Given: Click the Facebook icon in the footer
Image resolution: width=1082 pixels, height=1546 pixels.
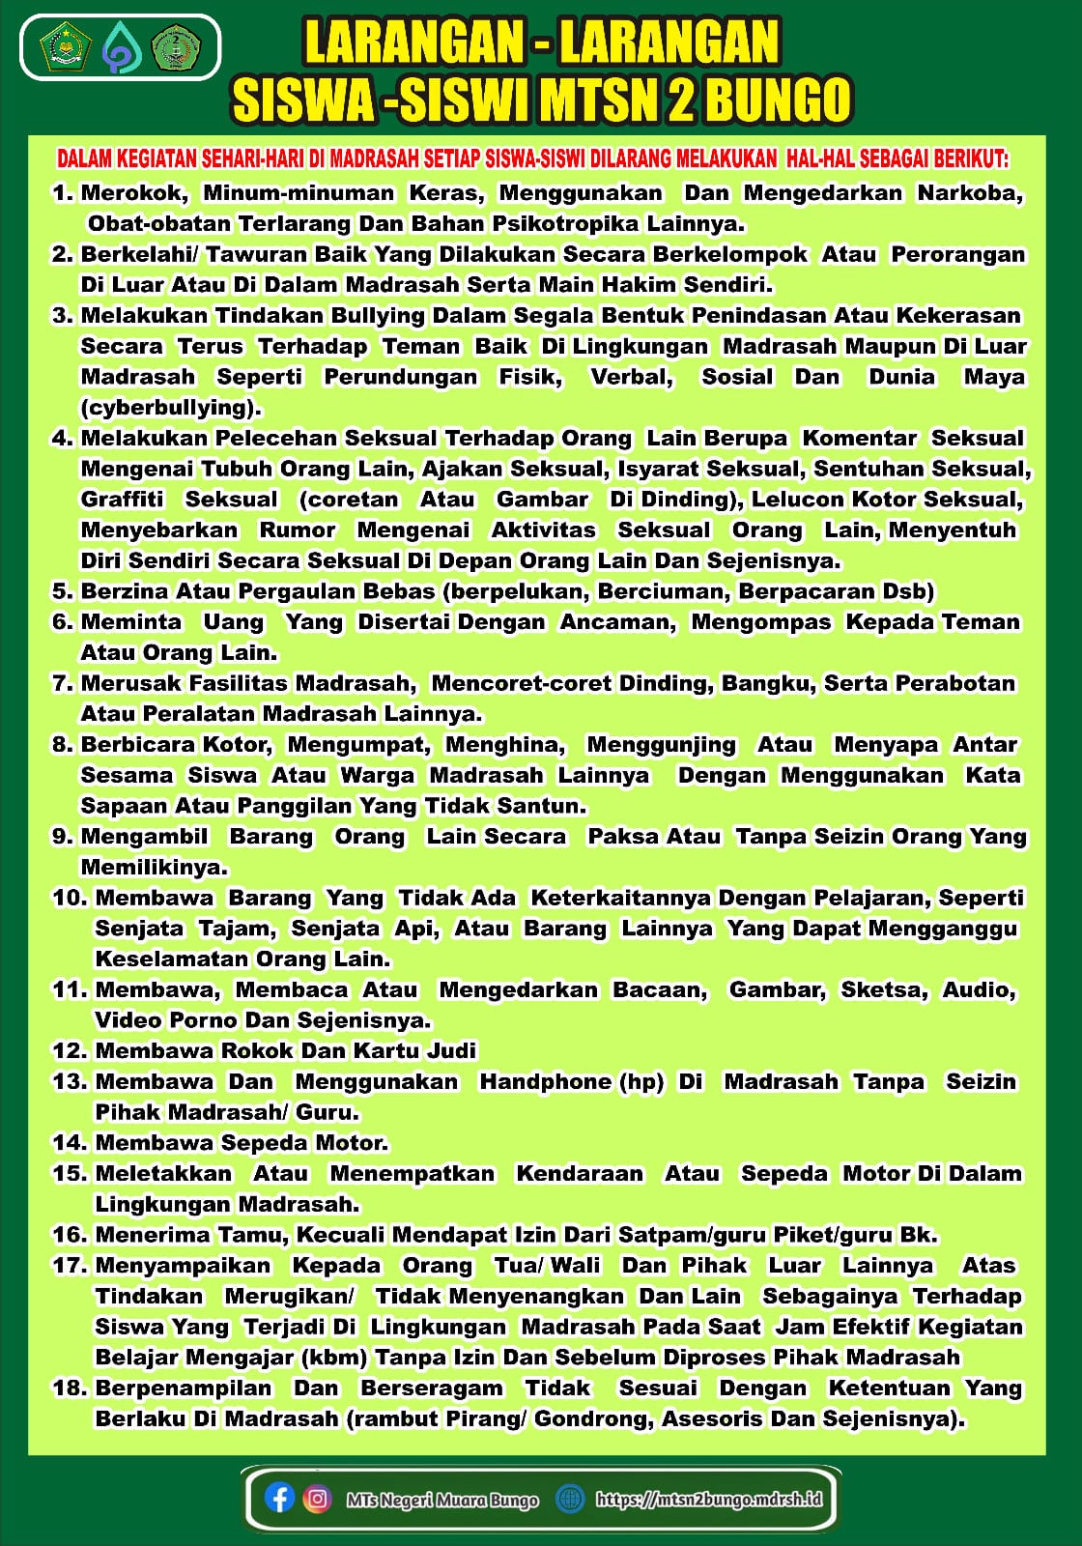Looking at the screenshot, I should (x=279, y=1498).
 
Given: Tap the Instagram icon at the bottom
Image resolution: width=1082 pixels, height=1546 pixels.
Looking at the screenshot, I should (x=317, y=1498).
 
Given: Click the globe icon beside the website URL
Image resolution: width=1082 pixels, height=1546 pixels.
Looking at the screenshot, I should (x=570, y=1498).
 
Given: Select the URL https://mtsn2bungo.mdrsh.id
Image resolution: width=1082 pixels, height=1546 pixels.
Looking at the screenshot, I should (x=708, y=1499).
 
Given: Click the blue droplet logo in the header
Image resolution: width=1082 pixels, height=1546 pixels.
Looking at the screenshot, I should (x=122, y=47).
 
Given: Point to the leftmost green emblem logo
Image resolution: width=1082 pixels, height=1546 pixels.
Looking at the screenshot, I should (x=66, y=47).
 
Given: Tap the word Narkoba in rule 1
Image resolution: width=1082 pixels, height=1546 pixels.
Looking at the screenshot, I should (x=969, y=193).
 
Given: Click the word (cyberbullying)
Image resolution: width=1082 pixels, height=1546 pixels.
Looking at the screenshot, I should (x=171, y=408).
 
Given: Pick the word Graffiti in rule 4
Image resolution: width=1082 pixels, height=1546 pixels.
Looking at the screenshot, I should (x=123, y=500).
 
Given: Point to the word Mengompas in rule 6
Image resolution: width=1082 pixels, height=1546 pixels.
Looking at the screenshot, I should (x=760, y=622).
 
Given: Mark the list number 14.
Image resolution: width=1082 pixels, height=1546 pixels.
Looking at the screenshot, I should (x=70, y=1143).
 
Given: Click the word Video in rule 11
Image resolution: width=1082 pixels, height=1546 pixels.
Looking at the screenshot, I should (x=128, y=1020).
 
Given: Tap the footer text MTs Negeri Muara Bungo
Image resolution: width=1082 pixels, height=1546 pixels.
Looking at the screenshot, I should (x=441, y=1500).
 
